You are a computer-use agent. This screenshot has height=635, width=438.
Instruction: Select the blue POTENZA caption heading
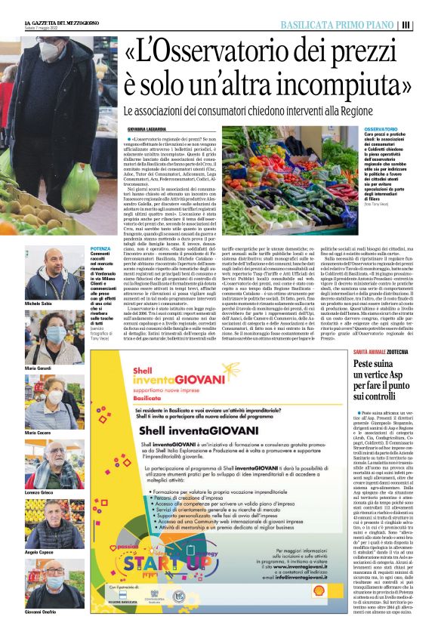[x=100, y=248]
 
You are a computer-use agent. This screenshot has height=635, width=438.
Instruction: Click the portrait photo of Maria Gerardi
[x=44, y=336]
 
